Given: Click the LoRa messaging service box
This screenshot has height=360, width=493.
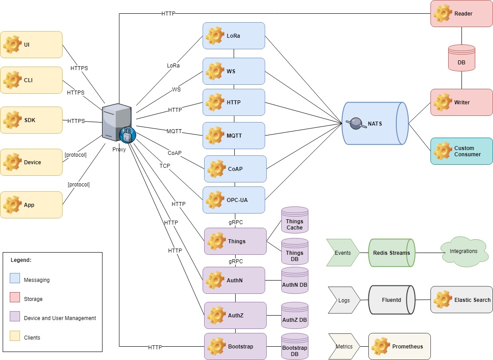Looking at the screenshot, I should coord(234,36).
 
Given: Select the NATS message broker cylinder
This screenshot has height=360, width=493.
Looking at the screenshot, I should coord(375,123).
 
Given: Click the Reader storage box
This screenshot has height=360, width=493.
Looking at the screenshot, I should coord(461,13).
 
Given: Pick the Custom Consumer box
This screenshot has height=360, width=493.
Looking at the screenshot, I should coord(461,151).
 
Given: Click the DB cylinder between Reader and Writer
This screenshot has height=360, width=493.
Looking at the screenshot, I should coord(461,58).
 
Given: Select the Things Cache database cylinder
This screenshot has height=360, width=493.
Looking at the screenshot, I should coord(295,221).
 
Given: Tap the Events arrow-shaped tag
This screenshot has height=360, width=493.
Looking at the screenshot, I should coord(343,253).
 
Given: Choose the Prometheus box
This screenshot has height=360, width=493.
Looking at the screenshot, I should coord(399,346).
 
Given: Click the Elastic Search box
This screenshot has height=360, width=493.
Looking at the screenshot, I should coord(461,300).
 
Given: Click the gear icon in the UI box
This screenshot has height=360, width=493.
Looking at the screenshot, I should coord(12,44).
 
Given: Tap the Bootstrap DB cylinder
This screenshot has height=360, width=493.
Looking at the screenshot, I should coord(295,346).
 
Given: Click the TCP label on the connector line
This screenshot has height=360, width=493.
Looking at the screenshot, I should coord(165,166).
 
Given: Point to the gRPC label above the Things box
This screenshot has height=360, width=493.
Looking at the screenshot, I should coord(236,222).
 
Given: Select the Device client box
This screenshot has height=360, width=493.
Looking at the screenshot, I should coord(31,162).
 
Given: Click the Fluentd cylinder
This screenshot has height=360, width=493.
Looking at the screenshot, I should coord(391,300).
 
